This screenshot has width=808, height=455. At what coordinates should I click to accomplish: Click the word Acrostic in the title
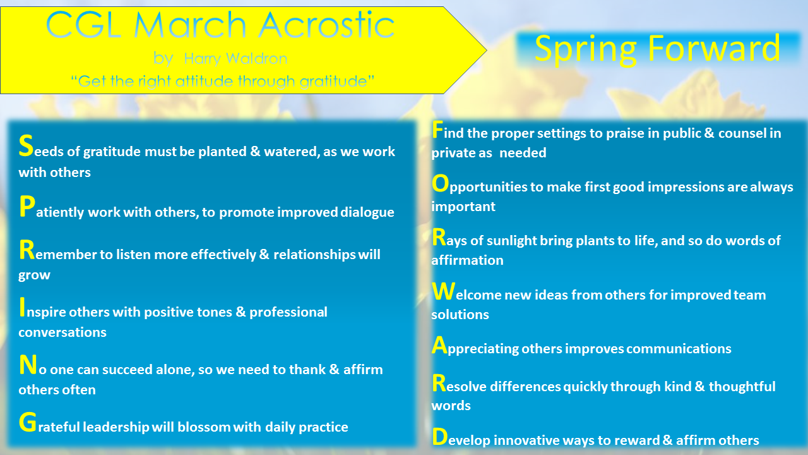326,25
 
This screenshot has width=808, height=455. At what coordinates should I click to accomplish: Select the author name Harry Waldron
235,59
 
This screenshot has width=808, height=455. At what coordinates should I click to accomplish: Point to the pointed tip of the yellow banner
485,49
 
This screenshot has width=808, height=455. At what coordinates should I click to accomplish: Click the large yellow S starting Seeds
26,147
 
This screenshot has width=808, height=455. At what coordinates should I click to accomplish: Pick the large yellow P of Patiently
26,207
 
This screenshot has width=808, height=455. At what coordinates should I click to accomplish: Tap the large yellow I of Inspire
22,307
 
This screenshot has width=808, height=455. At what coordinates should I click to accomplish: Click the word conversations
62,332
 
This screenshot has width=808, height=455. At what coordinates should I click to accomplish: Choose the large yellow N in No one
27,365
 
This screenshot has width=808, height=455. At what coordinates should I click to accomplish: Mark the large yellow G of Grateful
27,423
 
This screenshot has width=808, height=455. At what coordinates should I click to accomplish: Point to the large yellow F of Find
437,130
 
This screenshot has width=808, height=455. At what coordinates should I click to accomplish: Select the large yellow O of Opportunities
440,184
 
